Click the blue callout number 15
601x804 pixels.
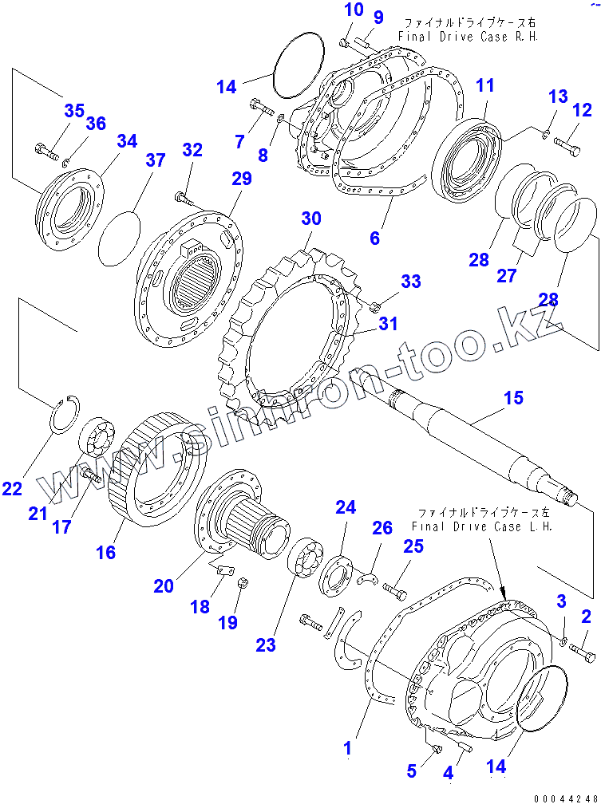[513, 397]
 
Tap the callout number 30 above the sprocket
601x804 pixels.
[311, 219]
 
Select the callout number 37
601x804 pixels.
[155, 160]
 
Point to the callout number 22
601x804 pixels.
[12, 489]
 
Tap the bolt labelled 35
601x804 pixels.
[46, 152]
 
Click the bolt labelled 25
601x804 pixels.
[393, 593]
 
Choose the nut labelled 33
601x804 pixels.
[374, 307]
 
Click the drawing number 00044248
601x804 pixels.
[566, 798]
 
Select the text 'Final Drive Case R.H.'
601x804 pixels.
[468, 37]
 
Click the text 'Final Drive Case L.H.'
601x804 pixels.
[482, 526]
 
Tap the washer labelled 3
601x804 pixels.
[563, 641]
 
